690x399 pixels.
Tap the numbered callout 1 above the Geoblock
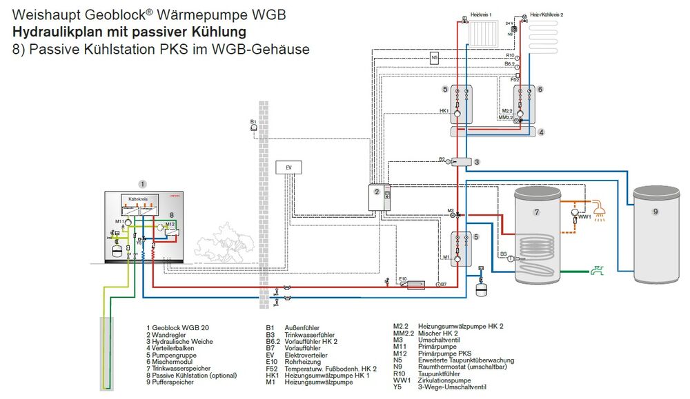[x=142, y=184]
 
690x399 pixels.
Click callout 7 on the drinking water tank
[x=536, y=212]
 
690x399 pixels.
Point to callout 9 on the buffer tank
[x=655, y=212]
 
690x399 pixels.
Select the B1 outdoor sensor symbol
[x=255, y=127]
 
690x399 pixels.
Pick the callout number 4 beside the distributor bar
[x=542, y=132]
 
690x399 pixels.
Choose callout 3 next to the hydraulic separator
[x=476, y=161]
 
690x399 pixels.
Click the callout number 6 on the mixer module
[x=540, y=90]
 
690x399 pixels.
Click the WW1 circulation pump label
[x=584, y=218]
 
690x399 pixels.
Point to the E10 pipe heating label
[x=404, y=278]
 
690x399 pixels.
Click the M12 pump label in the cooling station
[x=170, y=225]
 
